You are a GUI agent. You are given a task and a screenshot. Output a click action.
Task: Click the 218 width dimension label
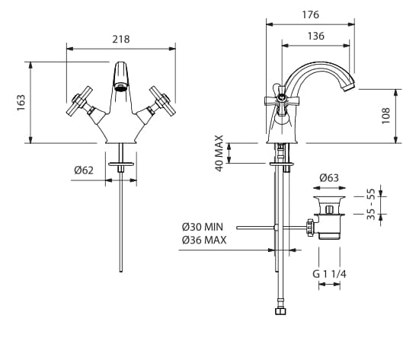(x=121, y=40)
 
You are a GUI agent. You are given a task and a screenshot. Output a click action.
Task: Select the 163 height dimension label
(x=21, y=103)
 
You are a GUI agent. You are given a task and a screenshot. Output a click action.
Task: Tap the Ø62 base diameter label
(x=84, y=170)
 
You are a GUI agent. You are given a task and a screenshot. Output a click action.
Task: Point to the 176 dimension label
(x=311, y=14)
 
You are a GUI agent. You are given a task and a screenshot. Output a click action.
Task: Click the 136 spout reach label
(x=316, y=36)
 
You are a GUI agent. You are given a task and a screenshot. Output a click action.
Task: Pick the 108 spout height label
(x=386, y=116)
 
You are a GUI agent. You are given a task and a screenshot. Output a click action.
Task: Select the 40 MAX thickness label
(x=219, y=153)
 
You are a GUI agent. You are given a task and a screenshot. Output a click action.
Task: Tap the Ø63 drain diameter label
(x=329, y=178)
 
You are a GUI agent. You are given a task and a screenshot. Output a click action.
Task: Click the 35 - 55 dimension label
(x=371, y=204)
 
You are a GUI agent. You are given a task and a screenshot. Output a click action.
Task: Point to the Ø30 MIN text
(x=203, y=227)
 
